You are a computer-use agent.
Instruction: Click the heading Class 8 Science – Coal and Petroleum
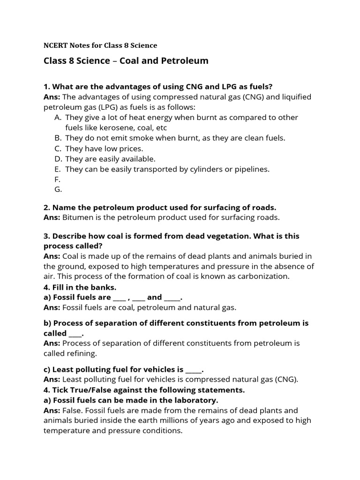coord(126,61)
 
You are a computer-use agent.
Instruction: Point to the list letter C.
coord(58,149)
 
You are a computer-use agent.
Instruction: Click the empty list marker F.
coord(57,180)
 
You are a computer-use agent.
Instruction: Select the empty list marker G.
coord(58,190)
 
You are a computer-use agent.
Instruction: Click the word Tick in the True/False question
coord(60,390)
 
